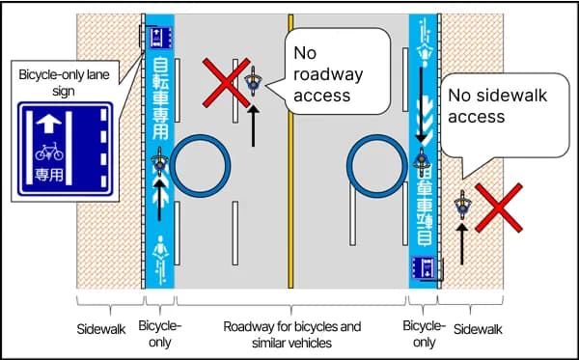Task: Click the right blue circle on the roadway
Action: click(x=377, y=164)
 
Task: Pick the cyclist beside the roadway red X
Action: click(x=254, y=83)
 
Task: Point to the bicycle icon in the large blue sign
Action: click(x=49, y=151)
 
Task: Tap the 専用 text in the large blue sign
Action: click(x=49, y=176)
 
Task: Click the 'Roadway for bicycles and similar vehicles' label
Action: click(x=291, y=334)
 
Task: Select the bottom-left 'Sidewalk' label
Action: click(x=101, y=329)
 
